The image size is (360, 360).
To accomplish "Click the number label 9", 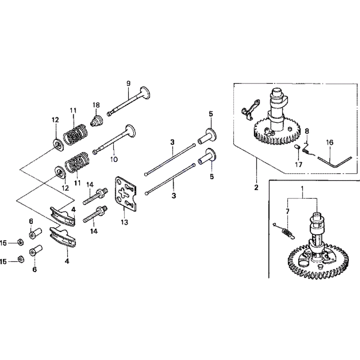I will tap(128, 84).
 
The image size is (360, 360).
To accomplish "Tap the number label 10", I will tap(114, 159).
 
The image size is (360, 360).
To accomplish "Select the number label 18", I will tap(96, 105).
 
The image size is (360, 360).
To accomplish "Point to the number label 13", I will tap(124, 222).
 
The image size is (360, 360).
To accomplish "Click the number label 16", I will tap(330, 142).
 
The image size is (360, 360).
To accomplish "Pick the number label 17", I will tap(298, 165).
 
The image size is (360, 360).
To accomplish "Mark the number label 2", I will tap(256, 187).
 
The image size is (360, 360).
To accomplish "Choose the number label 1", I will tap(302, 188).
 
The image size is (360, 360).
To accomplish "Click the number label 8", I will tap(307, 131).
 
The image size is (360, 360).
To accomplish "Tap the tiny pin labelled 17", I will tap(298, 148).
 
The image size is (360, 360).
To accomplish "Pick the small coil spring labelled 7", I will tap(287, 233).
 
